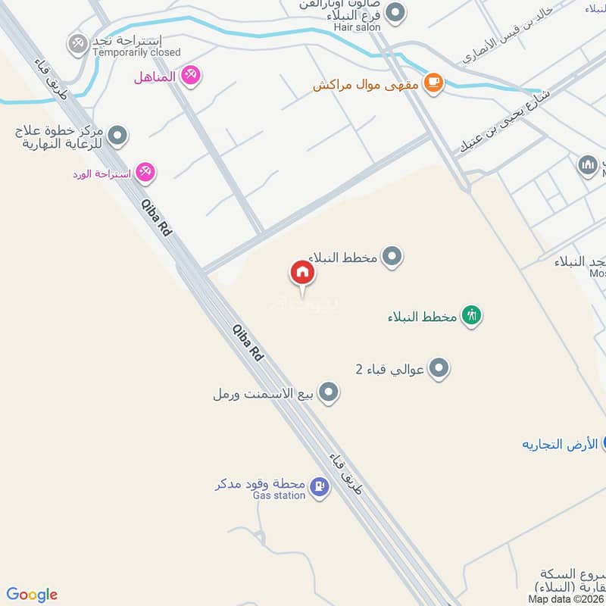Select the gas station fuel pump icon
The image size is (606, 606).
[320, 487]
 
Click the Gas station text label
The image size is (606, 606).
[279, 495]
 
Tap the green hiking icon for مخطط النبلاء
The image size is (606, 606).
[472, 315]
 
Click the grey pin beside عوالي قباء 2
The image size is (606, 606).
[439, 369]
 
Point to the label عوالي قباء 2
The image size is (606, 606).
[389, 370]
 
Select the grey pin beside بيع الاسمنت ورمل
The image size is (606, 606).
[328, 392]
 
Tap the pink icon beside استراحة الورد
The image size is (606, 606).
[146, 173]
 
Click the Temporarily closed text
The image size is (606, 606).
[136, 52]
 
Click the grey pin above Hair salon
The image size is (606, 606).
[394, 12]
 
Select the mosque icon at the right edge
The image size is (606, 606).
[588, 165]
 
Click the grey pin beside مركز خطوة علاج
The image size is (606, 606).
[117, 136]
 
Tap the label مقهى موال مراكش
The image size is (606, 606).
[367, 84]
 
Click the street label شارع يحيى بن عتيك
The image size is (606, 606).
[503, 123]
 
